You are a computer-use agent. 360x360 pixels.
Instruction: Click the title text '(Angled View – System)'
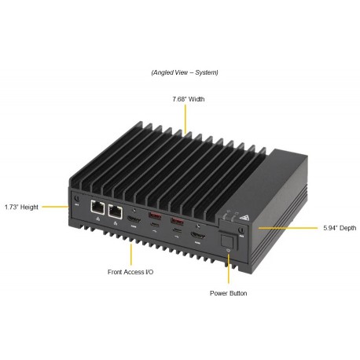pyautogui.click(x=185, y=72)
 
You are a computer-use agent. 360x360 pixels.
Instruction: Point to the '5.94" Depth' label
pyautogui.click(x=339, y=228)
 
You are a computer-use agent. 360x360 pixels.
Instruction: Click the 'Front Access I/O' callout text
pyautogui.click(x=130, y=272)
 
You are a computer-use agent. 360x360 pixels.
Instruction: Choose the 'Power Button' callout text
pyautogui.click(x=228, y=293)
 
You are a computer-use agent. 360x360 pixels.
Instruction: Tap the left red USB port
pyautogui.click(x=154, y=217)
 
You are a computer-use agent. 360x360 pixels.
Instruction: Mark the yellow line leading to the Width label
pyautogui.click(x=186, y=119)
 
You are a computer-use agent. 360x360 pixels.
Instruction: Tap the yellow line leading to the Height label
pyautogui.click(x=55, y=207)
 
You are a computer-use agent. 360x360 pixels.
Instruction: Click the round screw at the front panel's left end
pyautogui.click(x=77, y=200)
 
